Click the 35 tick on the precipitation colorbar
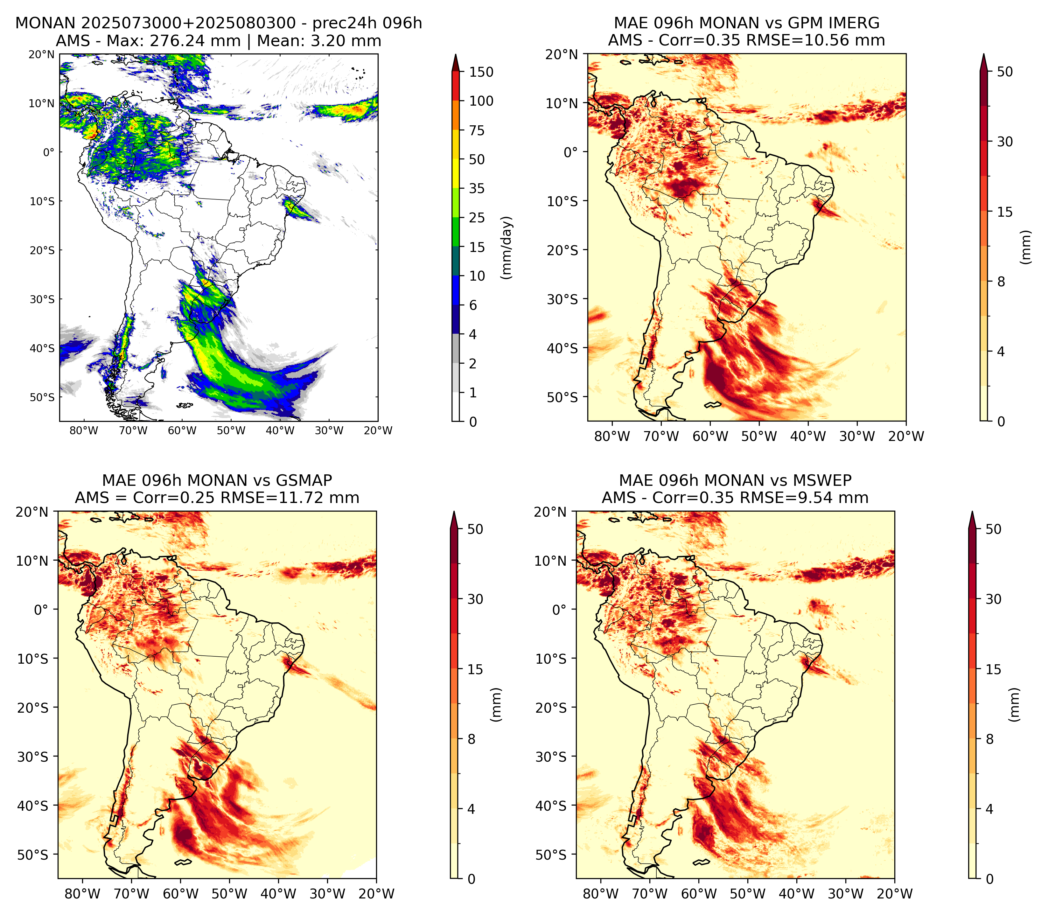[477, 188]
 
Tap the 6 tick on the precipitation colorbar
[473, 305]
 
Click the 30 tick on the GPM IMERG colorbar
[1005, 142]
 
